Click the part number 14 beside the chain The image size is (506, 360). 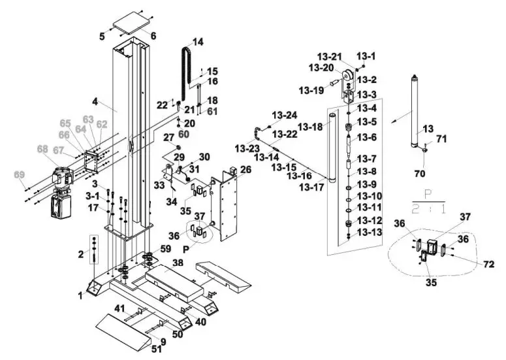pos(197,42)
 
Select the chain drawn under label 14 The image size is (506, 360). pos(185,69)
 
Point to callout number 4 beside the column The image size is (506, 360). pos(95,102)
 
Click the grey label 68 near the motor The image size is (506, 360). pos(44,150)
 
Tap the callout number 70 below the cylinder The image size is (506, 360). pos(420,174)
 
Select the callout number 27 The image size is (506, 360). pos(168,137)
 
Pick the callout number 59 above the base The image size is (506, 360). pos(166,249)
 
